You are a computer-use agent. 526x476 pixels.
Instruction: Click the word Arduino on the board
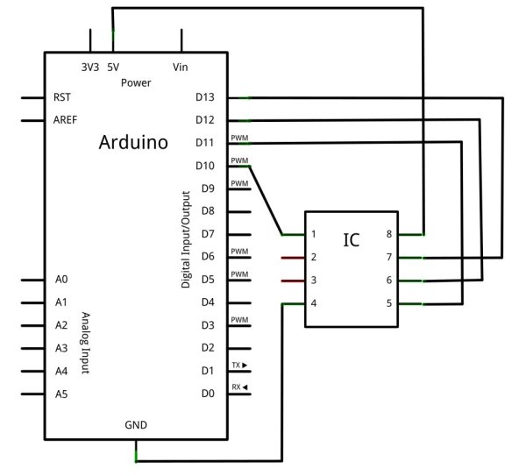point(134,142)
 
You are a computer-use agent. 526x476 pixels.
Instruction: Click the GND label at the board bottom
point(136,425)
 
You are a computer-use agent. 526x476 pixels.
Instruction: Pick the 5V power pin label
point(113,67)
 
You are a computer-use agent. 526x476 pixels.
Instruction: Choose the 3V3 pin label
point(89,67)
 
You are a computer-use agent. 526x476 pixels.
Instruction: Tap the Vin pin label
point(181,67)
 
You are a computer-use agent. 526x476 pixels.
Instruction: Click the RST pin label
point(62,97)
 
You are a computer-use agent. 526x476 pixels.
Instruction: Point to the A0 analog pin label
point(60,280)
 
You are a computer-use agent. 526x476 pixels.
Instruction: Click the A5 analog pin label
point(60,394)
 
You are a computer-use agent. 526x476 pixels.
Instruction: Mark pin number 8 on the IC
point(388,235)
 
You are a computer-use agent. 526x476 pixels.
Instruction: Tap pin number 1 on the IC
point(313,235)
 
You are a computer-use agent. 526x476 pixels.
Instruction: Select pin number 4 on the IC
point(313,303)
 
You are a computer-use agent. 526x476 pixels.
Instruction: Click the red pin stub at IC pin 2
point(292,259)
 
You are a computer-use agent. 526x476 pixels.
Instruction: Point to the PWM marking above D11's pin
point(239,138)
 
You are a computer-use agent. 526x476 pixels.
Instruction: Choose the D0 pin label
point(208,394)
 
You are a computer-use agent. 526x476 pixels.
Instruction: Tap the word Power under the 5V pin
point(136,82)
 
